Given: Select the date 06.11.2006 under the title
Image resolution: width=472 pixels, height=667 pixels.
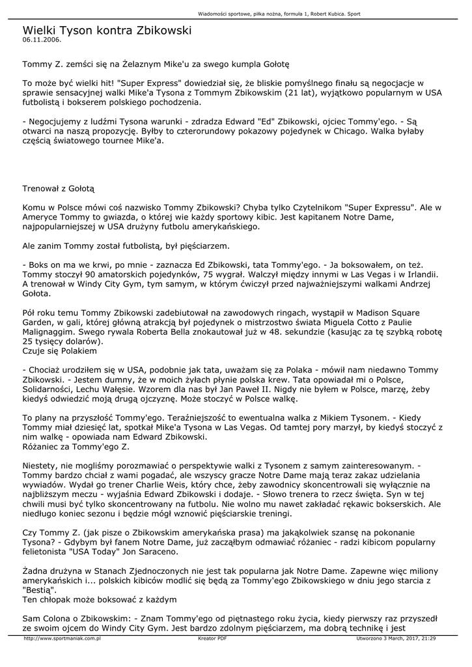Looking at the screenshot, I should (42, 40).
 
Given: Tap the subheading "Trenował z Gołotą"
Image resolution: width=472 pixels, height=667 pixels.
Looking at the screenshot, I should (59, 189).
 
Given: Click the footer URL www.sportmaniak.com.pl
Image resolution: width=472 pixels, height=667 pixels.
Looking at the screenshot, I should (62, 638).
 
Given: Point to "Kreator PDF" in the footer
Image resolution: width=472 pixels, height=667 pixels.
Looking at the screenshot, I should (212, 638).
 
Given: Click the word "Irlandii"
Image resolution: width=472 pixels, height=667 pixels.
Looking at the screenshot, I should (418, 274).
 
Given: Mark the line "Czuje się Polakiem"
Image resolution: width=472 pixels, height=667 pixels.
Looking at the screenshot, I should (59, 351).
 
